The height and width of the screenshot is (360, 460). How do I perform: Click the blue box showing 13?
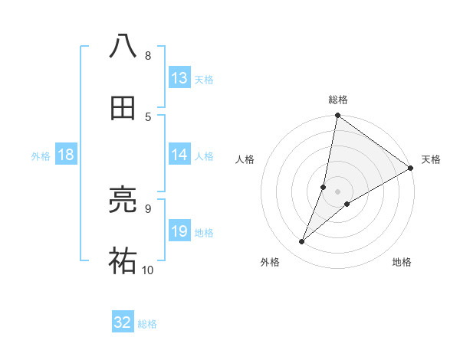[179, 78]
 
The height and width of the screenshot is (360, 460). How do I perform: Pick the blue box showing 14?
[179, 155]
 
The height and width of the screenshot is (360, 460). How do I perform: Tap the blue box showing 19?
[179, 231]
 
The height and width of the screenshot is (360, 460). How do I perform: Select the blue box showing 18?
[66, 155]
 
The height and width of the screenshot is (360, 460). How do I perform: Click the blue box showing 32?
[123, 322]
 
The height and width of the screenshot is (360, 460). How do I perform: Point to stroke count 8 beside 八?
[147, 55]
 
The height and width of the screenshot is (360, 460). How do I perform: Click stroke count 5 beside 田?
[147, 116]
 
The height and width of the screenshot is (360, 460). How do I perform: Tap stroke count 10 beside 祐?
[147, 270]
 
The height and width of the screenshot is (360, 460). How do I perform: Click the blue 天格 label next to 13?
[203, 79]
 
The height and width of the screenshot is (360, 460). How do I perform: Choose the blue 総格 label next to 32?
[147, 323]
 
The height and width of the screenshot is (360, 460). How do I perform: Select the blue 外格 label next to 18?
[41, 155]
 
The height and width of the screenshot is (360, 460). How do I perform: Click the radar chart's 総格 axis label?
[337, 100]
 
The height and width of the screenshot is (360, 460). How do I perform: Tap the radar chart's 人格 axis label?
[245, 159]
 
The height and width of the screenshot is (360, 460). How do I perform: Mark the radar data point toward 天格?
[410, 168]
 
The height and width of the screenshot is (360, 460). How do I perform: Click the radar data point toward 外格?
[302, 242]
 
